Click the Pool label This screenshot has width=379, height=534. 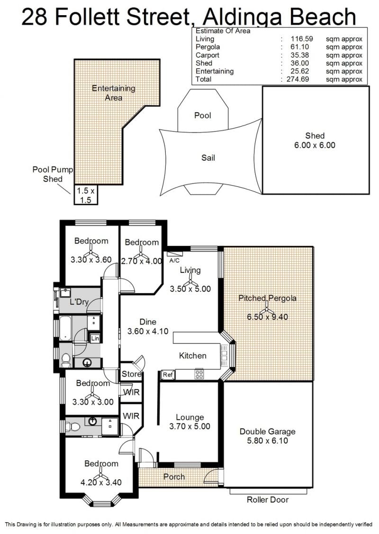pyautogui.click(x=203, y=115)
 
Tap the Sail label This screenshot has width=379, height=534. pyautogui.click(x=208, y=158)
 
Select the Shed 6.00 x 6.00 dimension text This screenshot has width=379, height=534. pyautogui.click(x=315, y=145)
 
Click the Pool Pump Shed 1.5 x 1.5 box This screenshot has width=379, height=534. pyautogui.click(x=86, y=195)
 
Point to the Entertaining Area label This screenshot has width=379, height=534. pyautogui.click(x=114, y=93)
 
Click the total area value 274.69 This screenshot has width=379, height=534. pyautogui.click(x=298, y=79)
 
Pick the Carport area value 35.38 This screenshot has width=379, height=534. pyautogui.click(x=300, y=55)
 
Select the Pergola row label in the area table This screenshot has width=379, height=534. pyautogui.click(x=208, y=47)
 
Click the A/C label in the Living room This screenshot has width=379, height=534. pyautogui.click(x=174, y=261)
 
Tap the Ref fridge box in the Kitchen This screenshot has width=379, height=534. pyautogui.click(x=168, y=375)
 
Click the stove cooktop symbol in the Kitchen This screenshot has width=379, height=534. pyautogui.click(x=199, y=374)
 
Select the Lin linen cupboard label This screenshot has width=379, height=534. pyautogui.click(x=95, y=338)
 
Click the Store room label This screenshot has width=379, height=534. pyautogui.click(x=131, y=374)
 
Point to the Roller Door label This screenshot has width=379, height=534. pyautogui.click(x=268, y=499)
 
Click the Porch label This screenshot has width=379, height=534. pyautogui.click(x=174, y=477)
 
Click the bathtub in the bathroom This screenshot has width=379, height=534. pyautogui.click(x=65, y=328)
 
